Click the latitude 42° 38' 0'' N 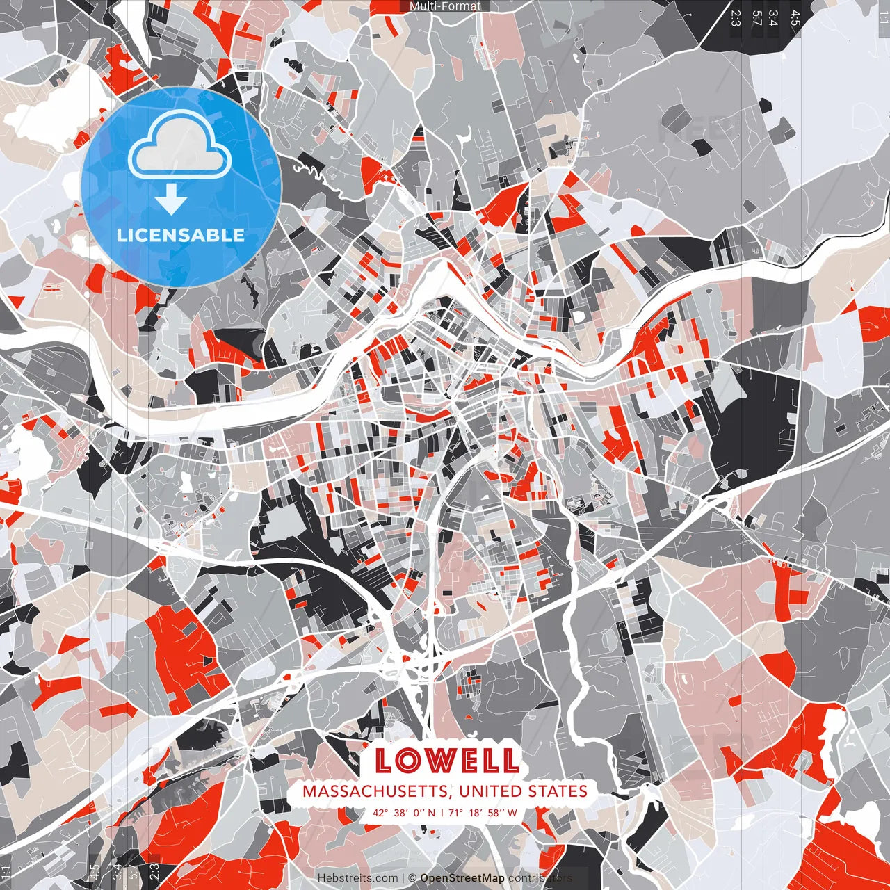(x=404, y=812)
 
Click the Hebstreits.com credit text (x=357, y=878)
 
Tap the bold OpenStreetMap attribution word (x=462, y=878)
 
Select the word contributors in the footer (x=540, y=878)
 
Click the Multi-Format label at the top (x=445, y=6)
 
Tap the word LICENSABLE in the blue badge (x=181, y=235)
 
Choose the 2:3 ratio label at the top (x=736, y=17)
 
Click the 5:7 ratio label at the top (x=756, y=17)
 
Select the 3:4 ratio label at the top (x=773, y=17)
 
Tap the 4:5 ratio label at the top (x=795, y=17)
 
